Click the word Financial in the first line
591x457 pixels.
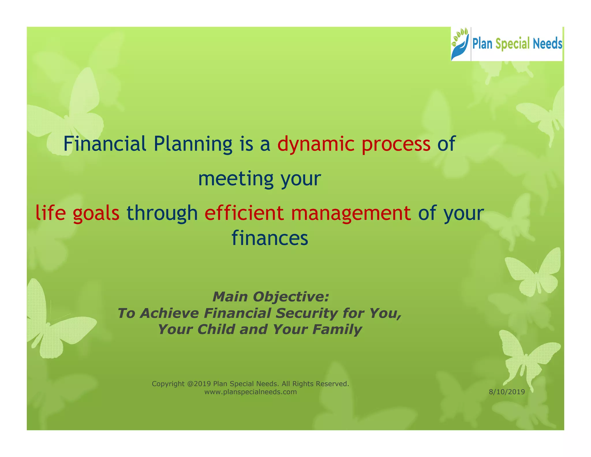pyautogui.click(x=105, y=144)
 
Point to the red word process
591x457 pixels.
pyautogui.click(x=396, y=144)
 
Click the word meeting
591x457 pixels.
pyautogui.click(x=235, y=178)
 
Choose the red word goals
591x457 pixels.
pyautogui.click(x=96, y=213)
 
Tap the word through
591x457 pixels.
pyautogui.click(x=162, y=213)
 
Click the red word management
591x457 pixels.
pyautogui.click(x=351, y=213)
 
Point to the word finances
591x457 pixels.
pyautogui.click(x=270, y=238)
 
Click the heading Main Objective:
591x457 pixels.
pyautogui.click(x=271, y=297)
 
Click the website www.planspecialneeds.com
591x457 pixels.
pyautogui.click(x=250, y=392)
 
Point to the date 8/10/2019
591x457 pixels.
pyautogui.click(x=507, y=392)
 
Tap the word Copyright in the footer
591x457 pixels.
pyautogui.click(x=168, y=384)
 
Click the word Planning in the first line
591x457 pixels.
pyautogui.click(x=193, y=144)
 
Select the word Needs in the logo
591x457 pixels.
pyautogui.click(x=547, y=44)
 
